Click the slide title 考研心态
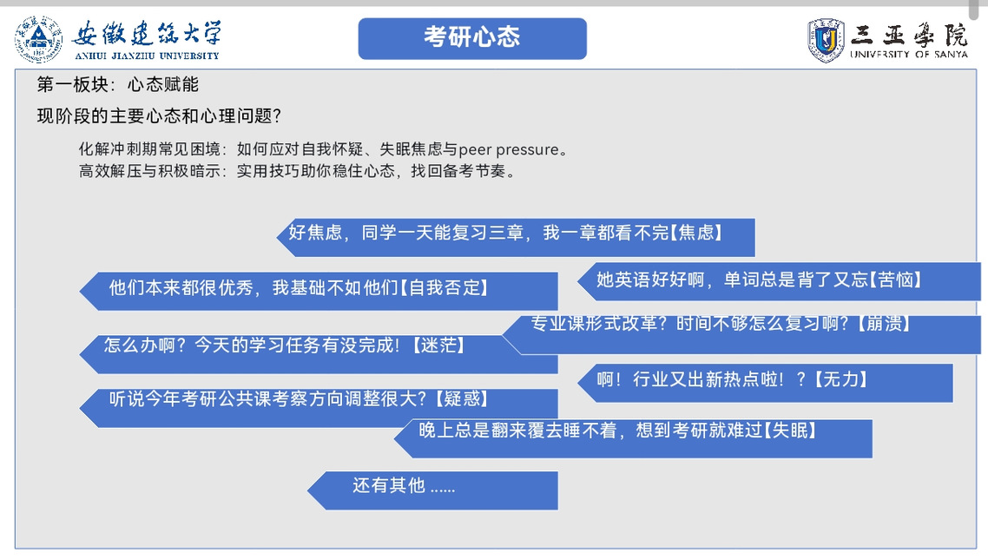pyautogui.click(x=472, y=36)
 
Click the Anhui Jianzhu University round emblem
pyautogui.click(x=38, y=39)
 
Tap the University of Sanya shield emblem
pyautogui.click(x=826, y=40)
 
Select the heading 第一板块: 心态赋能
pyautogui.click(x=118, y=84)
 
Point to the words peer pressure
pyautogui.click(x=509, y=149)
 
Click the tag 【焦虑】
pyautogui.click(x=697, y=233)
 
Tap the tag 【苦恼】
pyautogui.click(x=896, y=279)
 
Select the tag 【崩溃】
pyautogui.click(x=884, y=323)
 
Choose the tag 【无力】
pyautogui.click(x=841, y=378)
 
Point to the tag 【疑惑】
pyautogui.click(x=462, y=398)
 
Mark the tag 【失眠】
pyautogui.click(x=791, y=431)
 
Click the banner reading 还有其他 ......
pyautogui.click(x=433, y=490)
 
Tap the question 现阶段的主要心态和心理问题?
pyautogui.click(x=159, y=116)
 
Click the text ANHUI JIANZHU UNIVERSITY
pyautogui.click(x=147, y=56)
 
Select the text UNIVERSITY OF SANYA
pyautogui.click(x=909, y=54)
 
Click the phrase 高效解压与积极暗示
pyautogui.click(x=149, y=171)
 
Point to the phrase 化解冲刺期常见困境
pyautogui.click(x=149, y=149)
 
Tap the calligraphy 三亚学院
pyautogui.click(x=909, y=35)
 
